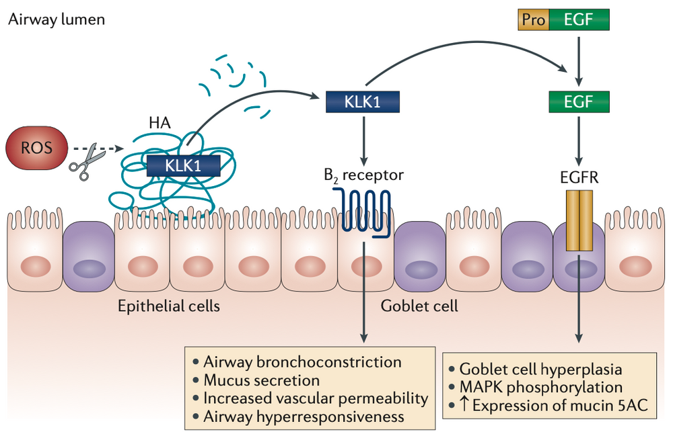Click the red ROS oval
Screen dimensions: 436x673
37,148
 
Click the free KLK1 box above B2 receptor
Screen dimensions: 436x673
363,101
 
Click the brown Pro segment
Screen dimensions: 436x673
533,20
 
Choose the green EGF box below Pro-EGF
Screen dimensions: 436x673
579,101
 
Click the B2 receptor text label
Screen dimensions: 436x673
363,177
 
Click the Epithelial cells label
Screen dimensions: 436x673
169,306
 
